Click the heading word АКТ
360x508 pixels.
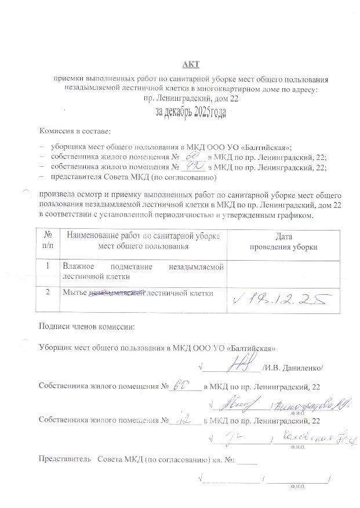click(191, 63)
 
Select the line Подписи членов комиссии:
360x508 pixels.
click(86, 326)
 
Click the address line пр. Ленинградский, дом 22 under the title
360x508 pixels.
click(191, 99)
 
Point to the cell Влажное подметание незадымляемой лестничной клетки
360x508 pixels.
click(142, 271)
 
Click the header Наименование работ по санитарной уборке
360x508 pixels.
click(142, 236)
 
